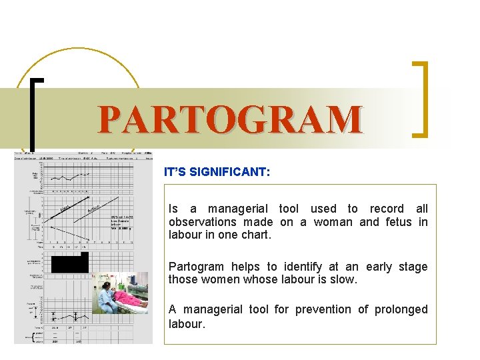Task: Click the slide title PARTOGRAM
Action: (x=230, y=119)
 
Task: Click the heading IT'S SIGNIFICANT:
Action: (x=217, y=172)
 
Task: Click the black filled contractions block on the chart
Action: (x=69, y=263)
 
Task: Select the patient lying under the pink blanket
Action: (x=130, y=297)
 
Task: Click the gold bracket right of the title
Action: (x=420, y=99)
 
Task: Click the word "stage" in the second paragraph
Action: (x=413, y=267)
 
